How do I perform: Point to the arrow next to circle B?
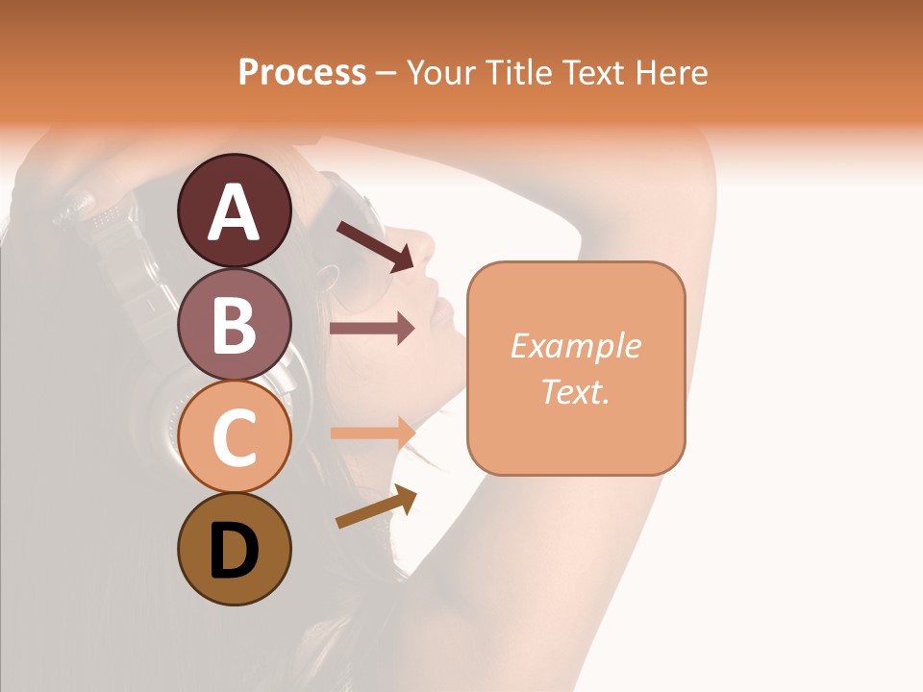point(373,329)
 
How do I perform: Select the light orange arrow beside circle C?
point(373,432)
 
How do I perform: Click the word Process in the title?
point(302,73)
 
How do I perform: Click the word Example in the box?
point(576,346)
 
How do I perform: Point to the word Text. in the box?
point(576,391)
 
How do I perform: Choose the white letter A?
point(235,211)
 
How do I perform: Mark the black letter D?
point(235,551)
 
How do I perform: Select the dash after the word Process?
point(387,73)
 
